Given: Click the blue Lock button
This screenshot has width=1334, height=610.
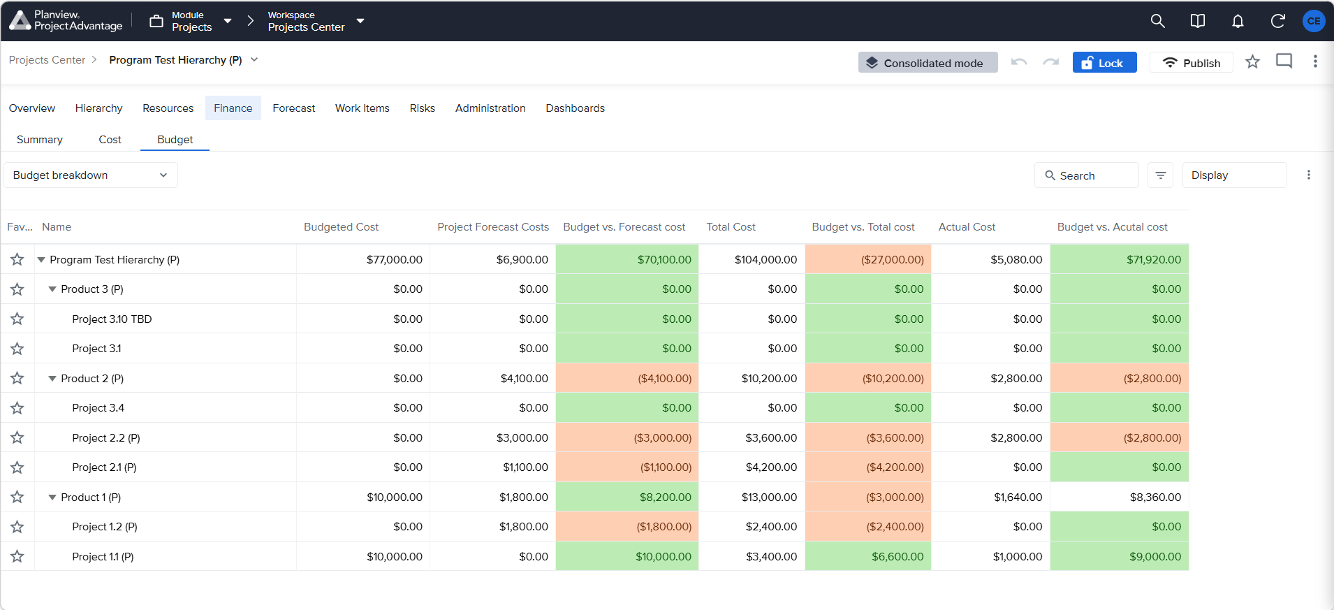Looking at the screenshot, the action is tap(1104, 63).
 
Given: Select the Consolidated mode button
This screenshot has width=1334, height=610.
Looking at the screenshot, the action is tap(928, 63).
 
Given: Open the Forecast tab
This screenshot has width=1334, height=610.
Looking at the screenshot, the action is tap(293, 108).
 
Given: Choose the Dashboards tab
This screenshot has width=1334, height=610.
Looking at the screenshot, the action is tap(576, 108).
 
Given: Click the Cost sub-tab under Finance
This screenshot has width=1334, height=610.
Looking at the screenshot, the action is tap(110, 140).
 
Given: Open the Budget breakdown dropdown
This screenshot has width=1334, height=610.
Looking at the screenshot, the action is tap(91, 175).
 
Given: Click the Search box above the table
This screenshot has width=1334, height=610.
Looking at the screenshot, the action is tap(1086, 175).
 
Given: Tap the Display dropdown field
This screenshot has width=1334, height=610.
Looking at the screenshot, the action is tap(1234, 175).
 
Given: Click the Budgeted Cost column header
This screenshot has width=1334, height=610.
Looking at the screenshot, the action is tap(341, 227).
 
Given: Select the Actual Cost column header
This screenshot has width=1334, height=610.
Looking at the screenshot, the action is tap(967, 227).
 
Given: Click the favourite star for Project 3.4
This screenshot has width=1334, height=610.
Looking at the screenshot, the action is tap(17, 408).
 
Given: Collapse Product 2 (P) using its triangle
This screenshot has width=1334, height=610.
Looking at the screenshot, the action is tap(52, 379).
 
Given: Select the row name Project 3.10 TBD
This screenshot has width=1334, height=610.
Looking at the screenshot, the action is tap(112, 319).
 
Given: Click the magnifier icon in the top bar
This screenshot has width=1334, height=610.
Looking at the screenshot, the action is tap(1157, 21).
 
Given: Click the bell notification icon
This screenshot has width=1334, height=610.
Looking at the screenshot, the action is tap(1238, 21).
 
